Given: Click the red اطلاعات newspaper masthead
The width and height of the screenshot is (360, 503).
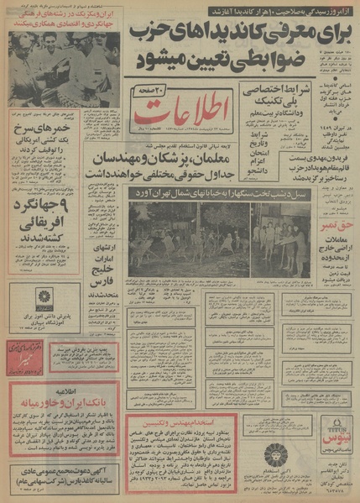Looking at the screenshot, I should [x=180, y=118].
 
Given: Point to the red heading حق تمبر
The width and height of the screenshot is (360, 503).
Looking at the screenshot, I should [x=328, y=249].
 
